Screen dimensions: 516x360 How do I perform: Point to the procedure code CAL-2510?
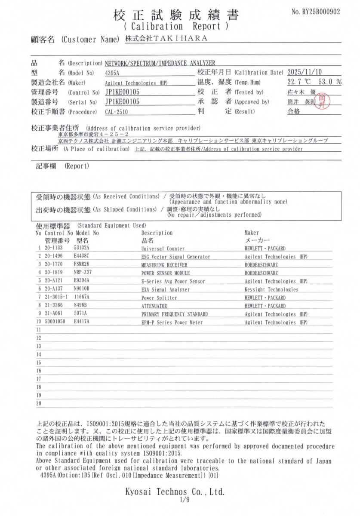coord(117,112)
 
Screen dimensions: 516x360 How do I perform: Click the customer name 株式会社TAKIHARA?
coord(166,39)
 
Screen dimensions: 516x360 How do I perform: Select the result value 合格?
coord(294,112)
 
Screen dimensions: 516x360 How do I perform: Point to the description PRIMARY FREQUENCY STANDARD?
coord(175,314)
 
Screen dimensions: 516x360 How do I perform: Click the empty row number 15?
coord(39,363)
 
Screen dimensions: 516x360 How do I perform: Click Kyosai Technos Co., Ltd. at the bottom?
coord(175,491)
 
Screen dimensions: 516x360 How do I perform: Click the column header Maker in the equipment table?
coord(252,233)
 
